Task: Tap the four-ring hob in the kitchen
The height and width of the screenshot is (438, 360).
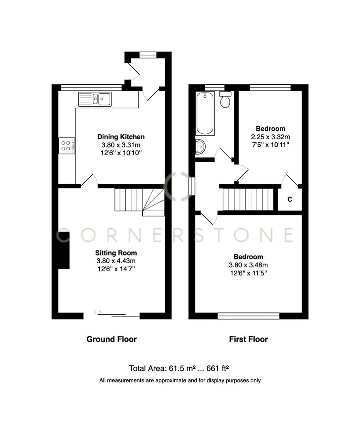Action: (67, 146)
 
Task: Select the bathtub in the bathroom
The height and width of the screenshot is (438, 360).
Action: (205, 114)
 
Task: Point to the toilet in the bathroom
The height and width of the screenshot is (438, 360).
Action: (225, 99)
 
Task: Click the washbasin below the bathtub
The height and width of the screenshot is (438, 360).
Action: (200, 147)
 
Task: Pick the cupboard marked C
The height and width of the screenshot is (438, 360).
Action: (289, 200)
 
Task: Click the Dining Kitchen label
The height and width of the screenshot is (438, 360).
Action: (120, 137)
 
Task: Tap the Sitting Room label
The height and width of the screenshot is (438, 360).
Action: (116, 253)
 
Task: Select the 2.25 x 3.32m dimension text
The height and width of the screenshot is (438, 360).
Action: (270, 137)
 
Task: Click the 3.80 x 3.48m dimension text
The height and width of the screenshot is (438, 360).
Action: (248, 265)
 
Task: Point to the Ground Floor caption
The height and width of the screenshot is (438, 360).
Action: (111, 339)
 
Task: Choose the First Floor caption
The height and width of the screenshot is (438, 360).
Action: (249, 339)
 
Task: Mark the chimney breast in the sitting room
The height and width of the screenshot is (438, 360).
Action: (63, 250)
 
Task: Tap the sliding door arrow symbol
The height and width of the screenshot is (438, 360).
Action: (97, 312)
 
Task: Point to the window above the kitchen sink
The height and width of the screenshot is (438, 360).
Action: (91, 87)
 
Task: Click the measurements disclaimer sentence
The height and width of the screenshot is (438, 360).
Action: (180, 380)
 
